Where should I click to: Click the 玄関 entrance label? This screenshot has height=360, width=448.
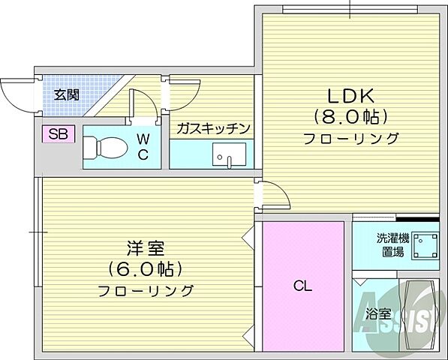(x=67, y=94)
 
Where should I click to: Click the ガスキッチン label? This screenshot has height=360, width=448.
(x=213, y=128)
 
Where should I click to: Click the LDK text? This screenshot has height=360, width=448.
(x=350, y=97)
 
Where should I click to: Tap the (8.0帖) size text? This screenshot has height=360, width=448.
(x=350, y=118)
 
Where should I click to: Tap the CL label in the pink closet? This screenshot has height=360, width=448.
(x=302, y=286)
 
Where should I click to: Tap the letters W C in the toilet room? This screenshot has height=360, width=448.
(x=143, y=147)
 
